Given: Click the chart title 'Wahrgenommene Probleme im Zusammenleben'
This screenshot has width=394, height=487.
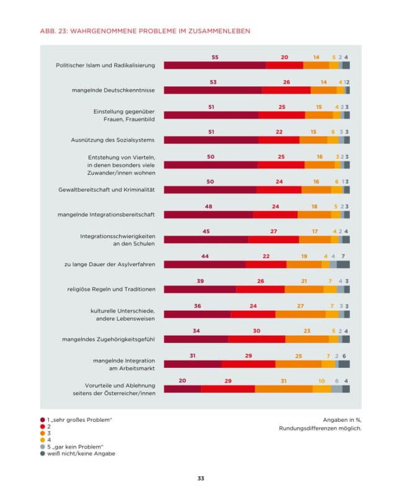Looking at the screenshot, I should (138, 30).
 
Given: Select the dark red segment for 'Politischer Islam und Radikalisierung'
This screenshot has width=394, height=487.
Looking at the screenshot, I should (215, 65).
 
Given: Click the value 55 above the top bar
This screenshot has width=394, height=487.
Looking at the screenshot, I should (215, 57).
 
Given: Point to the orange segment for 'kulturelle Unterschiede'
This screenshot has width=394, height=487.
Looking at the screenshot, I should (300, 314).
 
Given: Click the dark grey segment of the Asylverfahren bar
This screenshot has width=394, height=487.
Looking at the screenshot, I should (343, 264).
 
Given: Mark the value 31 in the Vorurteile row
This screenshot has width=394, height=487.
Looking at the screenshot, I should (284, 380).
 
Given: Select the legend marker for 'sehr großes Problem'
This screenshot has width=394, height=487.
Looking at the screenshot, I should (42, 420).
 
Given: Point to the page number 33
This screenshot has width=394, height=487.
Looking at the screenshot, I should (200, 478).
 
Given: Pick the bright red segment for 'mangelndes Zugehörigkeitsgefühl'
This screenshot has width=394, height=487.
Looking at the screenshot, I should (257, 339).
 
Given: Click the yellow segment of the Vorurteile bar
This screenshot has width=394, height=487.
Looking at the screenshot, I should (321, 389).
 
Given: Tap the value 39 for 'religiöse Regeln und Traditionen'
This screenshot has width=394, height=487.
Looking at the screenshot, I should (200, 281).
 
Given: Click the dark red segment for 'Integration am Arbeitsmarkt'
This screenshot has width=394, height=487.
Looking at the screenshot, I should (192, 364).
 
